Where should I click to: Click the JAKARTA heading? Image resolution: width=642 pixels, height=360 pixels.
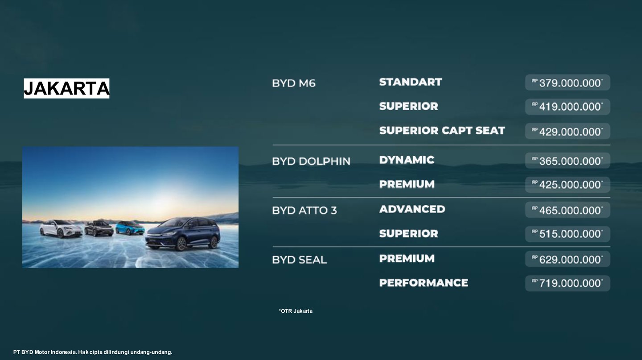coord(66,88)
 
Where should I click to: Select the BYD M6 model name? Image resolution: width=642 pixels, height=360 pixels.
coord(293,83)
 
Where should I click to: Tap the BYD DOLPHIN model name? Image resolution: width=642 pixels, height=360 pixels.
coord(311,161)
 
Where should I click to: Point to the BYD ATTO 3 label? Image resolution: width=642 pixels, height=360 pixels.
coord(305,210)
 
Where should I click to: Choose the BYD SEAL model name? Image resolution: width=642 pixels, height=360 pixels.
coord(299,260)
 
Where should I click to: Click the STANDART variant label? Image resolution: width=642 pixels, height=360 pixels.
coord(411,82)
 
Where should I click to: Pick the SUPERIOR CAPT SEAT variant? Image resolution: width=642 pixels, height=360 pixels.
coord(442,131)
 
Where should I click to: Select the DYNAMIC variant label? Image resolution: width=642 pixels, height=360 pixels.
coord(407,160)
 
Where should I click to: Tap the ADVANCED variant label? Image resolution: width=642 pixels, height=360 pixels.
coord(412,209)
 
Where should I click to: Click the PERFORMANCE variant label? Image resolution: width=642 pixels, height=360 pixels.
coord(424,283)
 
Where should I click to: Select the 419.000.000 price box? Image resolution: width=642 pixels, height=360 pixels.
coord(568,107)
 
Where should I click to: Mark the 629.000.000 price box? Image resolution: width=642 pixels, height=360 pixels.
coord(568,259)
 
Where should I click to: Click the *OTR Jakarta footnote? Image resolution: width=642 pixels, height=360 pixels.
coord(296,311)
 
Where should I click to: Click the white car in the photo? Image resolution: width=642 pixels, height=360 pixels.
coord(61,228)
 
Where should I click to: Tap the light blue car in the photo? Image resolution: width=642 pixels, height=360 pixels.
coord(130,228)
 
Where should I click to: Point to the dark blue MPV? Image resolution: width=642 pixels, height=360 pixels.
coord(183,234)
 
